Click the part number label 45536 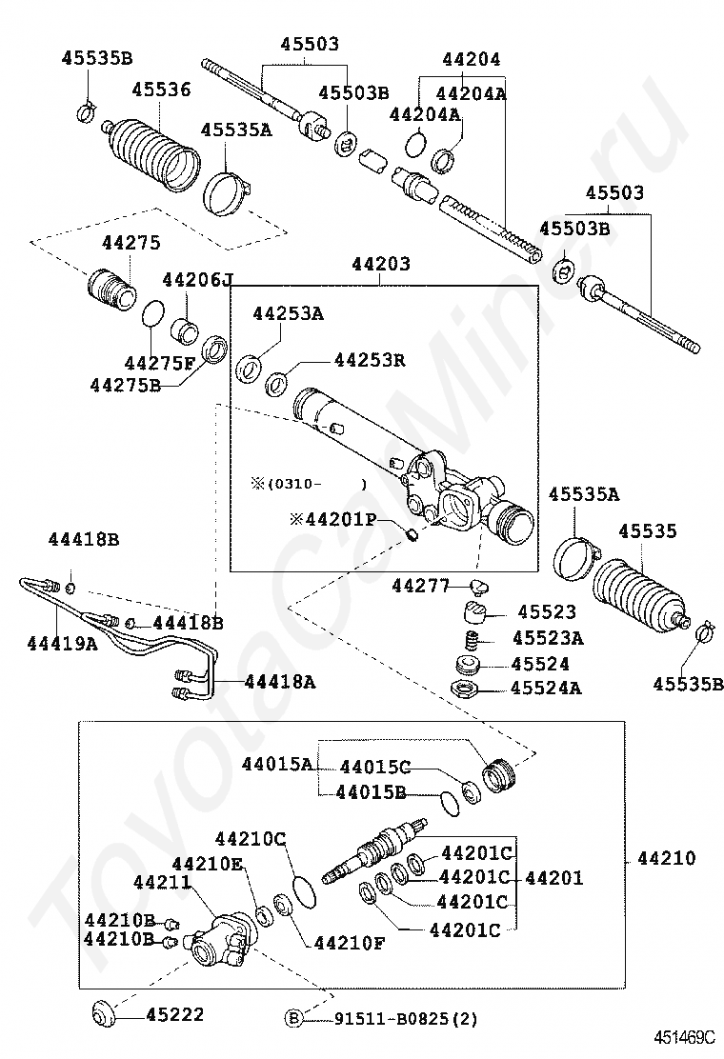pos(161,90)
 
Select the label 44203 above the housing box pos(381,264)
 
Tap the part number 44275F pos(159,362)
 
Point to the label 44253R pos(370,360)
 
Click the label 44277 pos(419,586)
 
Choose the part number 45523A pos(548,638)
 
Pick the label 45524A pos(546,688)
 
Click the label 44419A pos(62,644)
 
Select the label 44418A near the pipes pos(280,681)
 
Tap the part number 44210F pos(350,944)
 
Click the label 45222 pos(174,1015)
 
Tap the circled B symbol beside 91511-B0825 pos(294,1019)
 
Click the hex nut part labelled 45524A pos(466,688)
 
